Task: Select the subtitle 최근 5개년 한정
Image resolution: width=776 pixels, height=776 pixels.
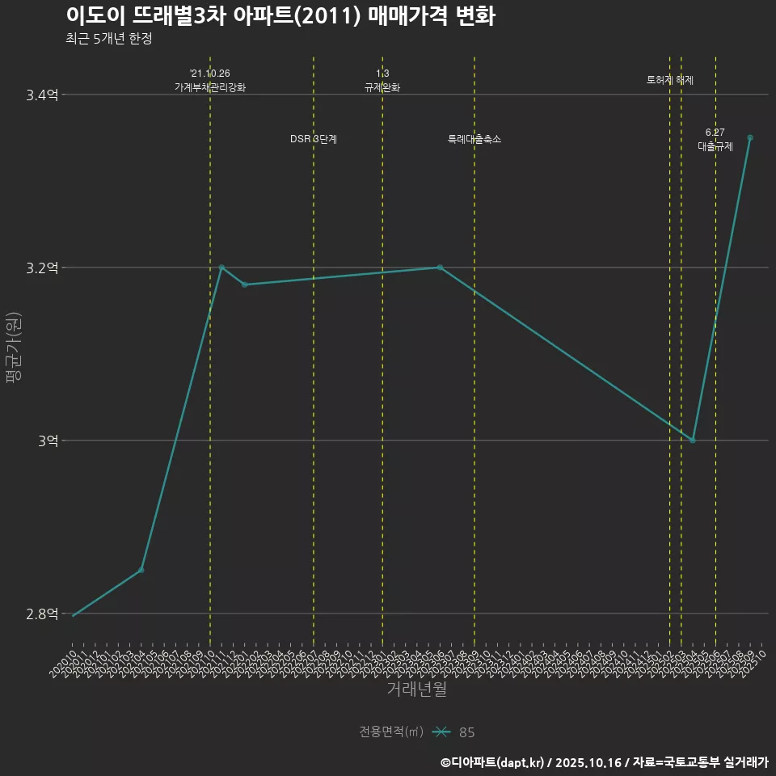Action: (108, 38)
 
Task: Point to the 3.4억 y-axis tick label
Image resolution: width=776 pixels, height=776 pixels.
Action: (42, 95)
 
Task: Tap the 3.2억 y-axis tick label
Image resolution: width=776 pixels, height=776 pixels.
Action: (42, 268)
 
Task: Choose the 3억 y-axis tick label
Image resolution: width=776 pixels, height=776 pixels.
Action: (47, 441)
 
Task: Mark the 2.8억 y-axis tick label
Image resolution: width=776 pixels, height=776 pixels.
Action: (42, 614)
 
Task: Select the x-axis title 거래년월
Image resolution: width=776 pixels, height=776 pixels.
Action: (416, 689)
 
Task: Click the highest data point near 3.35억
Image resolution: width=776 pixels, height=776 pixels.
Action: (750, 137)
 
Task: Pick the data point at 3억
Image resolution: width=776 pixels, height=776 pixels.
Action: (693, 441)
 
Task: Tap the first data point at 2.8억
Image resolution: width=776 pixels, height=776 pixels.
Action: (74, 616)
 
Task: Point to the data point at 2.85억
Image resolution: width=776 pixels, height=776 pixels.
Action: (141, 570)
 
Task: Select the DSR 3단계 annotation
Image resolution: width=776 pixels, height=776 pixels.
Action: (314, 139)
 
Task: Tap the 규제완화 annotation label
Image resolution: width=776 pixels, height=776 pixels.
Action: (382, 87)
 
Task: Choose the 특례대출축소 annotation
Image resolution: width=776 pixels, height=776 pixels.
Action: (474, 139)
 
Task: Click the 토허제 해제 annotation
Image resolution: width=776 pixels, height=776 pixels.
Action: (670, 80)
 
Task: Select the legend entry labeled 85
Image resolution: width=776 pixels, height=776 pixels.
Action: (466, 732)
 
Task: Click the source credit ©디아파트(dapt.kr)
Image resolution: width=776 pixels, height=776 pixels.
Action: (492, 761)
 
